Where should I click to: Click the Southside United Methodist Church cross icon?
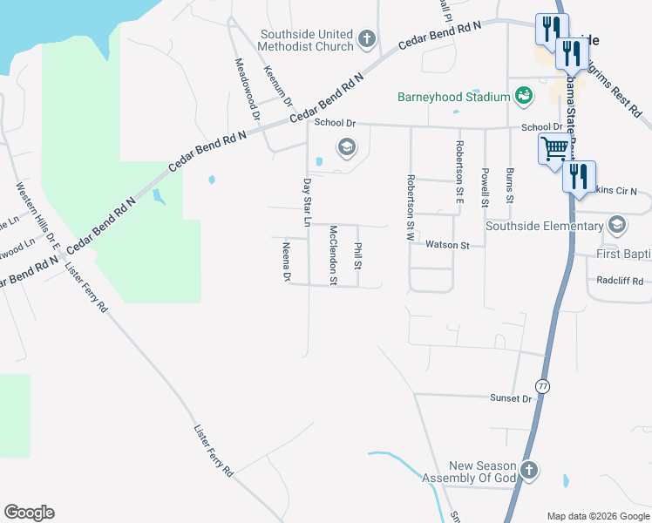click(x=367, y=39)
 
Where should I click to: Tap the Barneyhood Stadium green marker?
click(x=524, y=95)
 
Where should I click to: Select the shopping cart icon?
click(x=554, y=149)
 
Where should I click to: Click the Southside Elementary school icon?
click(x=617, y=226)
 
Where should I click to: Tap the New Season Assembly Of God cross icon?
click(x=528, y=472)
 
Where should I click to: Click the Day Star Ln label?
click(x=306, y=202)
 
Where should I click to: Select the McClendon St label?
click(x=332, y=255)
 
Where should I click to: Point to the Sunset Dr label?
click(x=513, y=398)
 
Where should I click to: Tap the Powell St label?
click(x=485, y=188)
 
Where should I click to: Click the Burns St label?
click(x=509, y=188)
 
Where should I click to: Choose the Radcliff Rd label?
click(x=620, y=281)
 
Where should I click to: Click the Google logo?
click(x=30, y=513)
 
